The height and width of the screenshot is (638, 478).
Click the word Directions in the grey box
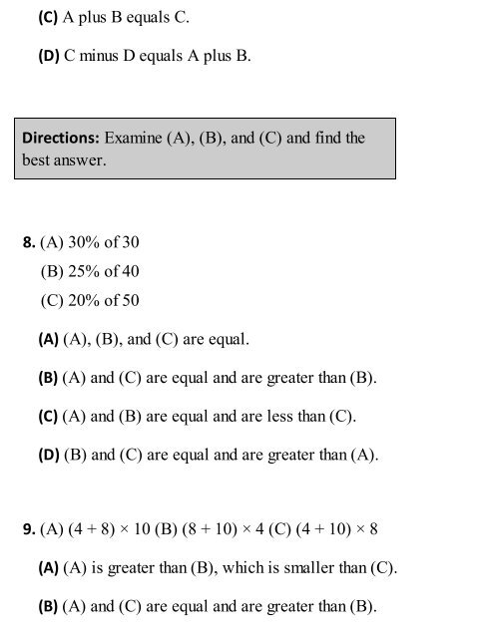57,139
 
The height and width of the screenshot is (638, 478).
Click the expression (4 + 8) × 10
115,529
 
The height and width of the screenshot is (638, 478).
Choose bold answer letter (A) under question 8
48,340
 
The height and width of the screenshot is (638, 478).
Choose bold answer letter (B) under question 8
48,378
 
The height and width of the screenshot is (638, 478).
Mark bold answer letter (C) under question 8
48,416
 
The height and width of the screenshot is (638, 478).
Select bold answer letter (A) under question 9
48,569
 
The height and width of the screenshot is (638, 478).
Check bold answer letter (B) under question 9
48,607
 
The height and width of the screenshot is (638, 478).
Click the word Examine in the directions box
135,139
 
